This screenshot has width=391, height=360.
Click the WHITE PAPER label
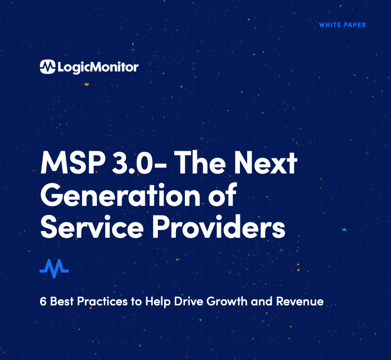click(x=342, y=25)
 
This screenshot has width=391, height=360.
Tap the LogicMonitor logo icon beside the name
click(x=47, y=67)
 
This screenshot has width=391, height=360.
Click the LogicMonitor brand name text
click(x=98, y=67)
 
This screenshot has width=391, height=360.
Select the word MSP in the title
click(x=73, y=162)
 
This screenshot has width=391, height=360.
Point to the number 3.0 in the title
click(x=132, y=162)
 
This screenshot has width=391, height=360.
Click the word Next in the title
click(x=266, y=162)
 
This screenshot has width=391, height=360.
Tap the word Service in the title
click(x=92, y=227)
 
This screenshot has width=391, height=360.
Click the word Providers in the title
click(x=219, y=226)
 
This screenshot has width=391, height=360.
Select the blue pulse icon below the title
click(x=54, y=268)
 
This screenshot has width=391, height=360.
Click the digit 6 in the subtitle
click(x=43, y=302)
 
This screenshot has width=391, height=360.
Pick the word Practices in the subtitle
click(x=102, y=302)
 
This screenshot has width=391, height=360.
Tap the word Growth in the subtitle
click(x=227, y=302)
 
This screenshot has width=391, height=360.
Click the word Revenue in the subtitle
click(x=300, y=302)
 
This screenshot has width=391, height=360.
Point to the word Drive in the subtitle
click(x=189, y=302)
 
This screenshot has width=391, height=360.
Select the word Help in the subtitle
click(x=158, y=302)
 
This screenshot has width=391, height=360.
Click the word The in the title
click(x=200, y=162)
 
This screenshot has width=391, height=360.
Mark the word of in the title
click(x=223, y=194)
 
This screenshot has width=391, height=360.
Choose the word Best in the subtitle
click(x=62, y=302)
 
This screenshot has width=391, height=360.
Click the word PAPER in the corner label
click(x=355, y=25)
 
